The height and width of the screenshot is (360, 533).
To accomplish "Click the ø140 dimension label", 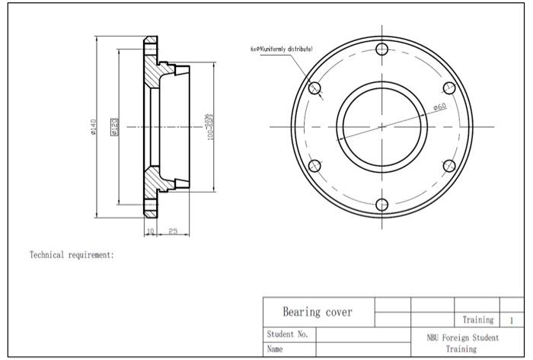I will click(94, 126).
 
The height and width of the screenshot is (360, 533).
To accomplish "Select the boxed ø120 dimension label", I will click(114, 126).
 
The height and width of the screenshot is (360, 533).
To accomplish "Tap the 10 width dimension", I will click(150, 231).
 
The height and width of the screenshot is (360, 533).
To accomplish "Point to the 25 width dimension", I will click(174, 231).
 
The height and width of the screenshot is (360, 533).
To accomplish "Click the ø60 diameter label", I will click(439, 107).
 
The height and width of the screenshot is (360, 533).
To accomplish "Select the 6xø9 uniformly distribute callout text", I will click(281, 49).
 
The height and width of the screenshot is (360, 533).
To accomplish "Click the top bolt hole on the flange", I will click(383, 49).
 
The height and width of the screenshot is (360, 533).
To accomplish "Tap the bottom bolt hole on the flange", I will click(383, 203).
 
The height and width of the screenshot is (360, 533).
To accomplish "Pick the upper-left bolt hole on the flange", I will click(316, 88).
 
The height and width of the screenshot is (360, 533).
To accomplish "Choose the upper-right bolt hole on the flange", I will click(449, 88).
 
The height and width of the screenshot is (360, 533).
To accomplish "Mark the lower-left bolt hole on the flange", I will click(316, 165).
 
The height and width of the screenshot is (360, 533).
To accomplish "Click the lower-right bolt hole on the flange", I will click(449, 165).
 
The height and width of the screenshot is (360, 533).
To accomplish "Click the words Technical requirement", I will click(72, 255).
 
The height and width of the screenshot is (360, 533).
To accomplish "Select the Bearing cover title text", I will click(318, 312).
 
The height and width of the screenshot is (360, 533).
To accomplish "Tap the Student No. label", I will click(287, 334).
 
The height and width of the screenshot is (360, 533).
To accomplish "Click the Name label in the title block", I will click(276, 349).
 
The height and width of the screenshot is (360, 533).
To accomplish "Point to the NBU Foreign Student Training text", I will click(461, 342).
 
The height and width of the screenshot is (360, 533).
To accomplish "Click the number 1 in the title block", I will click(512, 320).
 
